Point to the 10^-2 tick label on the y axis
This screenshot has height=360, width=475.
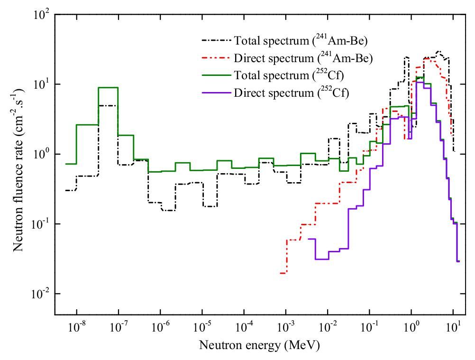[41, 294]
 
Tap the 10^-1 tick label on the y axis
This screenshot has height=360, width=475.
[41, 224]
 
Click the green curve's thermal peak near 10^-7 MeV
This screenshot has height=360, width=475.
[108, 87]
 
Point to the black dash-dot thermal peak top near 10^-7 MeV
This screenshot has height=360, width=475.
[108, 106]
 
